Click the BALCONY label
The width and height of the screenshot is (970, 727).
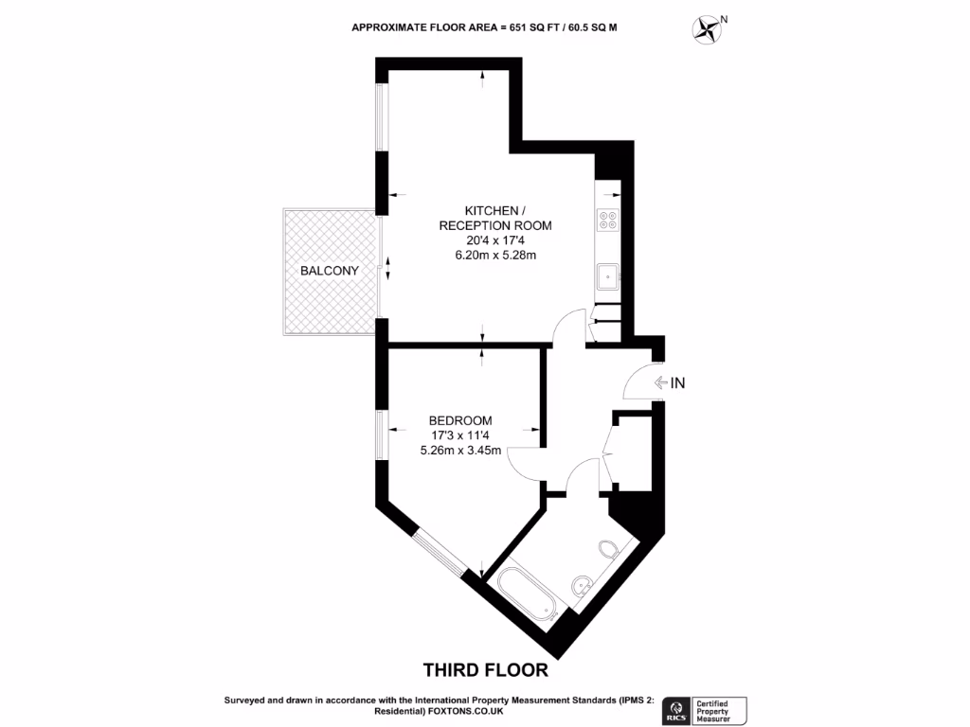[x=329, y=271]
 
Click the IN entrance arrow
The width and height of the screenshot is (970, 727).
[x=662, y=383]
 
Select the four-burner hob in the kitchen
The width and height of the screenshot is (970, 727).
[x=607, y=220]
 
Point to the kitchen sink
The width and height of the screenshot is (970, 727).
[x=607, y=277]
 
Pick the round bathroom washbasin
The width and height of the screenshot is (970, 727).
[x=581, y=585]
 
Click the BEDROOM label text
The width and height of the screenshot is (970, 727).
[x=460, y=420]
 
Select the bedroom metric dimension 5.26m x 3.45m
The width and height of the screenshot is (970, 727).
[x=460, y=451]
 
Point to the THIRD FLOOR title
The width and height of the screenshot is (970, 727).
[x=485, y=670]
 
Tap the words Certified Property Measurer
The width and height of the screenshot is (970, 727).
[x=721, y=709]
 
